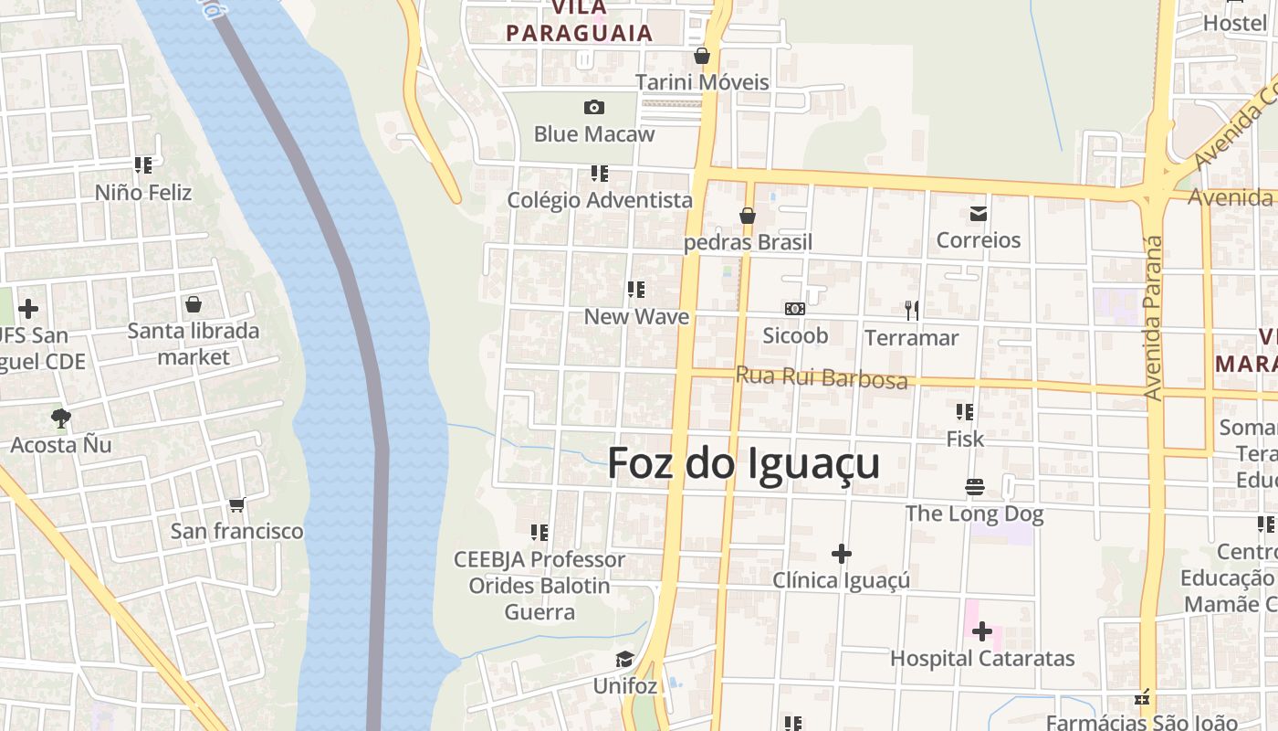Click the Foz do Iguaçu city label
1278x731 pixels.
click(743, 463)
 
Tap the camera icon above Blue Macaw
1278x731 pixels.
click(594, 108)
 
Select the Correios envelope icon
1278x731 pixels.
click(979, 214)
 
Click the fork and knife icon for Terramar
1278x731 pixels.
click(911, 311)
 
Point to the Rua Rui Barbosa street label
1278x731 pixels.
click(822, 377)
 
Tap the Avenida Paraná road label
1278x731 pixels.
click(1154, 318)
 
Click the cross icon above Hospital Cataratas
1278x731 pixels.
click(982, 631)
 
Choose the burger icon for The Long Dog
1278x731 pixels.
click(975, 487)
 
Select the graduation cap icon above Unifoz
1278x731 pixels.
click(624, 659)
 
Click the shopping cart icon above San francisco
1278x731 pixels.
click(237, 504)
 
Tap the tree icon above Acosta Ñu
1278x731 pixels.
click(61, 418)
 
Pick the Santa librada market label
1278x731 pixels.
click(194, 344)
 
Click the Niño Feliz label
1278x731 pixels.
click(143, 193)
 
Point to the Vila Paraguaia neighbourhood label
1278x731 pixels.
click(580, 22)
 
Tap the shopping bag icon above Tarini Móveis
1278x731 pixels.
click(702, 56)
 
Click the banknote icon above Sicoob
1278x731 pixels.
click(795, 309)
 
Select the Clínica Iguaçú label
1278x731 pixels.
click(841, 580)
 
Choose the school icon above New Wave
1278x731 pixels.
click(636, 291)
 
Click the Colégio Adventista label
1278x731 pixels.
click(600, 200)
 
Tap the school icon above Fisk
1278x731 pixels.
click(965, 412)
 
